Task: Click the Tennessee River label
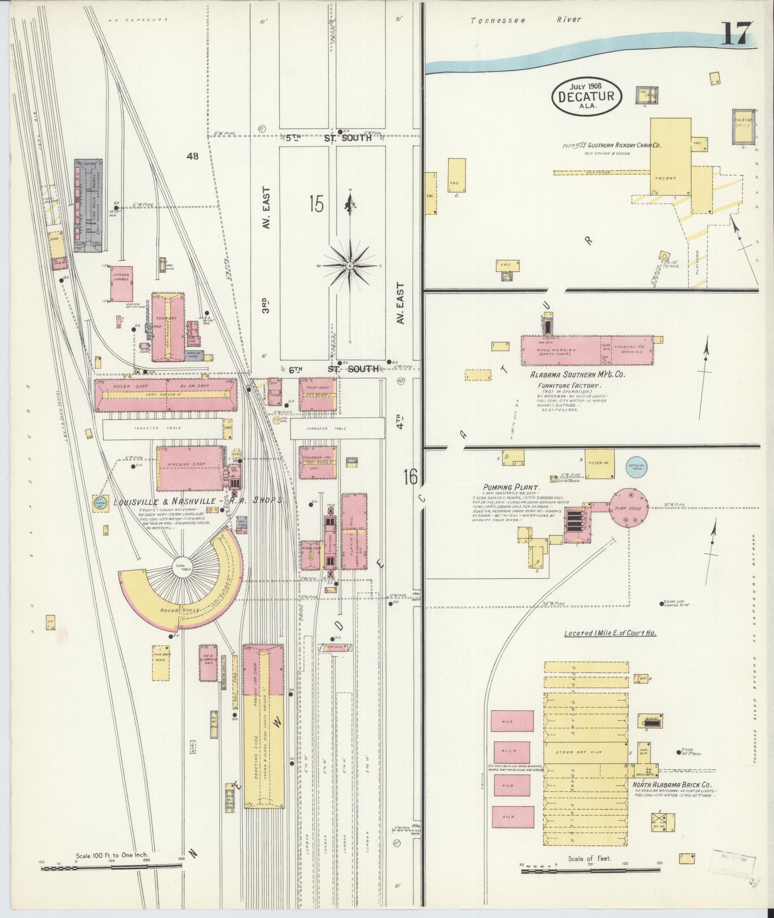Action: (525, 20)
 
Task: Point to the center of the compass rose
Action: (350, 265)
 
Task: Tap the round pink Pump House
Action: (629, 508)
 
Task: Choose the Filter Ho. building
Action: (598, 463)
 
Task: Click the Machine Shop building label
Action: (187, 464)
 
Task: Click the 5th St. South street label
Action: (329, 138)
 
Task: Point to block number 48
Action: (193, 156)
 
